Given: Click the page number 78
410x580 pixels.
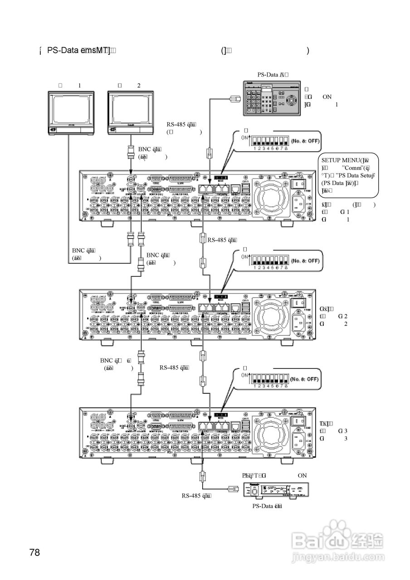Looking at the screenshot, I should (x=34, y=552).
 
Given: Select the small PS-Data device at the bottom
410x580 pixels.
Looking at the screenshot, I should (x=277, y=491).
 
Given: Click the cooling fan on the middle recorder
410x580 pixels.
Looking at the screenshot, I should (x=270, y=314).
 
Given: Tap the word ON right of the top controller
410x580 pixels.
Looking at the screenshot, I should (x=327, y=97).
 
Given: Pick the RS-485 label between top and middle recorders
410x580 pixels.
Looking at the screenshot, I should (x=223, y=240).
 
